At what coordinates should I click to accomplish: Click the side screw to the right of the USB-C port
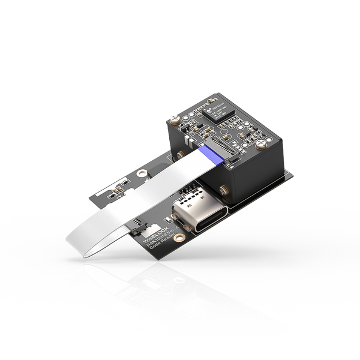[223, 191]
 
